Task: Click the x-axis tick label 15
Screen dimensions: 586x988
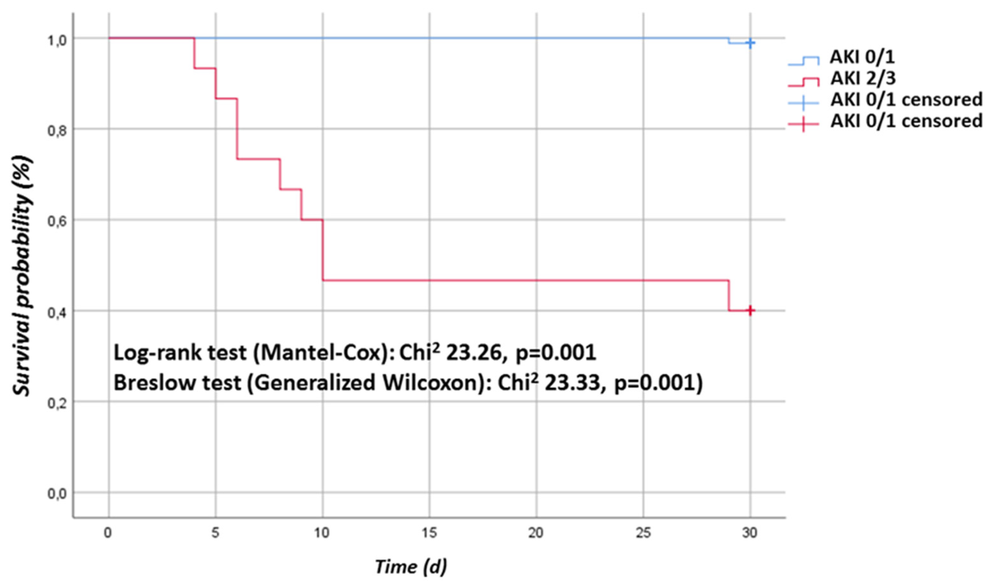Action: (429, 533)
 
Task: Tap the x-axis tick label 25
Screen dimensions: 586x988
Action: (643, 533)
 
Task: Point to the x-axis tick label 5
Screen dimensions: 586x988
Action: (215, 533)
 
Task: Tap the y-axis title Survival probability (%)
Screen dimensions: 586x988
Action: (22, 277)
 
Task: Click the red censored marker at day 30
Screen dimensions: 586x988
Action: (750, 310)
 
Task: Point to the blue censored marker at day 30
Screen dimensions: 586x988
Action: (750, 43)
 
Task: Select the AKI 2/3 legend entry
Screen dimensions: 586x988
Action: (861, 79)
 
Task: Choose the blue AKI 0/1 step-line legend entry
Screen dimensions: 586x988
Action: (861, 57)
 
